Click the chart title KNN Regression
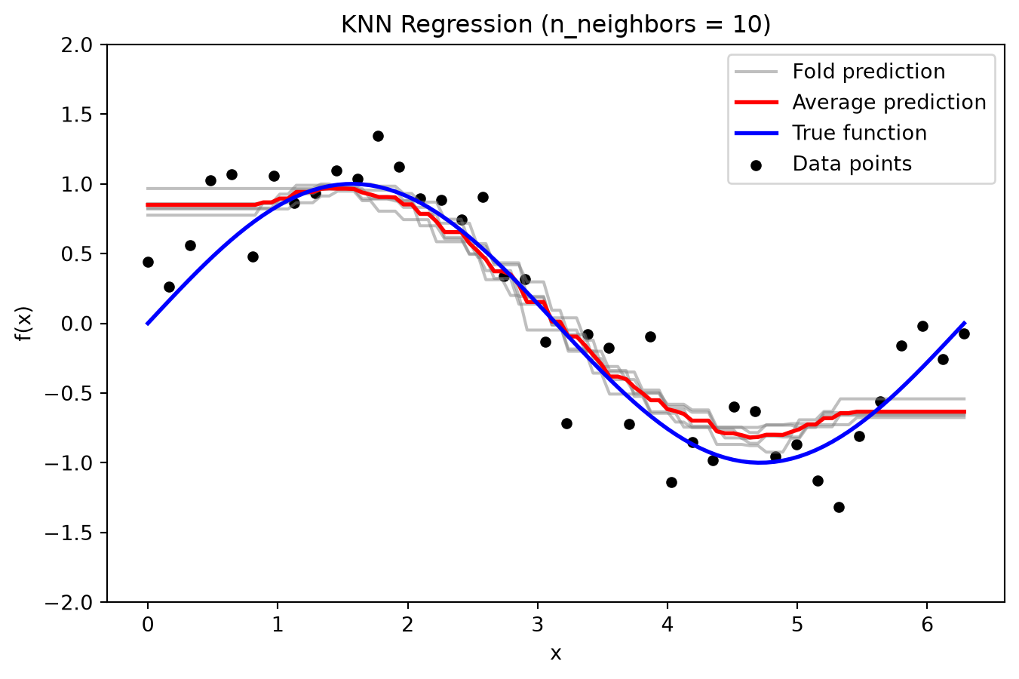555,25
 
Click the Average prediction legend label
889,103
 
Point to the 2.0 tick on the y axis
76,45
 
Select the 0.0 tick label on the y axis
76,324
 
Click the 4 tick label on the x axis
668,625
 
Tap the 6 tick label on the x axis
927,625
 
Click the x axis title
555,654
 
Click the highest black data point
378,136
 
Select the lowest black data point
839,508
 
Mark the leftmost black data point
148,262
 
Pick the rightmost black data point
964,334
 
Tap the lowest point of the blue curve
760,462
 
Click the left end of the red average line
146,205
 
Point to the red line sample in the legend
757,103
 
